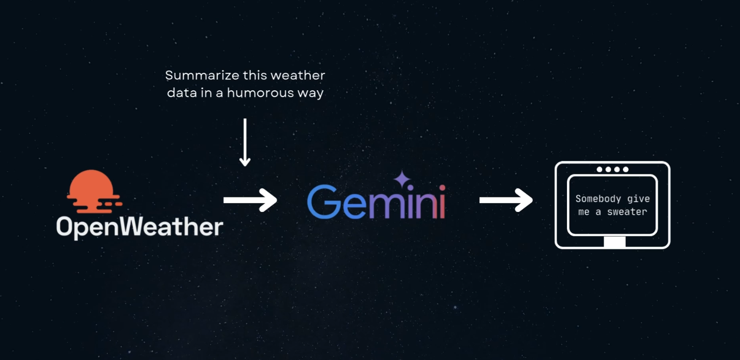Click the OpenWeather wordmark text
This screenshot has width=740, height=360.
tap(140, 227)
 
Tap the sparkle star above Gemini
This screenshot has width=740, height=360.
tap(402, 179)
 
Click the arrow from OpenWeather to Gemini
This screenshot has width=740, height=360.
tap(250, 200)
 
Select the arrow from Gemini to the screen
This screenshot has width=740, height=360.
tap(506, 200)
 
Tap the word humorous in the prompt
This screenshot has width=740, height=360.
tap(260, 93)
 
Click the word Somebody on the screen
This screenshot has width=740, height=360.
tap(598, 199)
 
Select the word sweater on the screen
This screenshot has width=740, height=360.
tap(627, 212)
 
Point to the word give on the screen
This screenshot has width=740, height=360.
tap(638, 199)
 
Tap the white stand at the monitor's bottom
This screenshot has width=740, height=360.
tap(614, 242)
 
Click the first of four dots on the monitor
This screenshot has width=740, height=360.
tap(599, 169)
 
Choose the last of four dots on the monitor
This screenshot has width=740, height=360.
tap(626, 169)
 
